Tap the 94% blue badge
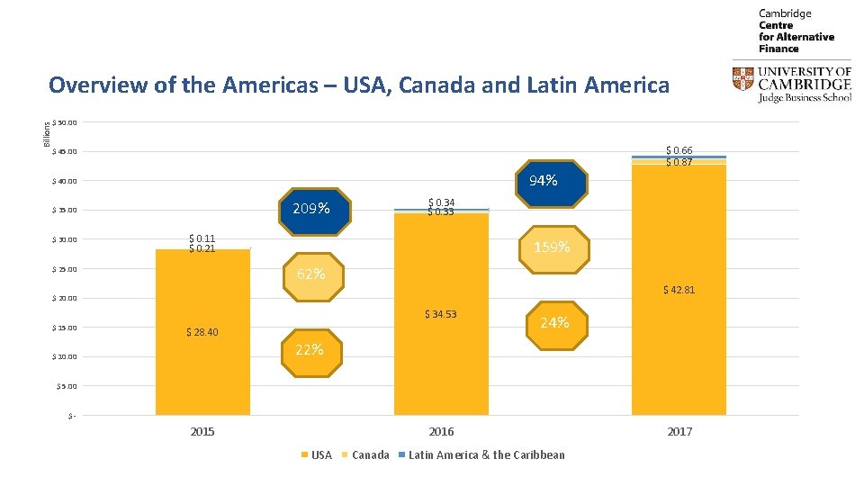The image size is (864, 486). coord(543,181)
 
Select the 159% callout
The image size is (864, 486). coord(552,246)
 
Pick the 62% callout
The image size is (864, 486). coord(310,274)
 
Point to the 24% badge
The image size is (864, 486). coord(554,322)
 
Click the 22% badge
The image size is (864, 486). coord(310,349)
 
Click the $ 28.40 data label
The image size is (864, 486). coord(202,332)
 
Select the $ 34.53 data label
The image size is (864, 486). coord(441,314)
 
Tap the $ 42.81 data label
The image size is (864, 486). coord(679,290)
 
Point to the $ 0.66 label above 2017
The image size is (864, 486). coord(679,150)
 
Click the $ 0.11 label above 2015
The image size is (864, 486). coord(202,238)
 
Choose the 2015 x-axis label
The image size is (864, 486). coord(202,432)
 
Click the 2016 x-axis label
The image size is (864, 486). coord(441,432)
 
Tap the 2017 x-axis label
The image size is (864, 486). coord(679,432)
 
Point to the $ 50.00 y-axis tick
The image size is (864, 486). coord(66,122)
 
